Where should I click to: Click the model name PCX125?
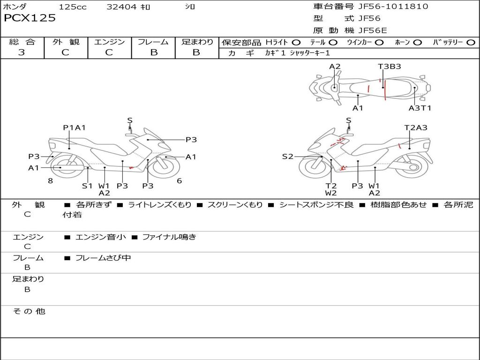point(30,18)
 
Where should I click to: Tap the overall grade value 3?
point(22,52)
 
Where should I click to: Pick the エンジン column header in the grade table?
point(109,42)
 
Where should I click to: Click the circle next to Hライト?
point(296,42)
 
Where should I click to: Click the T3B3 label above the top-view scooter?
point(389,67)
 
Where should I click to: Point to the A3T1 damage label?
point(420,108)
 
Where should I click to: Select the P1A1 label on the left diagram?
point(74,127)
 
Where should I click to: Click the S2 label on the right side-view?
point(287,157)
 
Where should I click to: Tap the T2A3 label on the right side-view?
point(416,127)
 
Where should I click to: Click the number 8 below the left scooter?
point(50,180)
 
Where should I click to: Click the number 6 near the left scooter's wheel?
point(179,180)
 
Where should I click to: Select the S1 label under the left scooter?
point(87,186)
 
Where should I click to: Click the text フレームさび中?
point(103,258)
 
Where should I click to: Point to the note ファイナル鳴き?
point(169,237)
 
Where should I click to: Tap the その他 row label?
point(29,311)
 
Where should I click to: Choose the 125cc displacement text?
point(73,7)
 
